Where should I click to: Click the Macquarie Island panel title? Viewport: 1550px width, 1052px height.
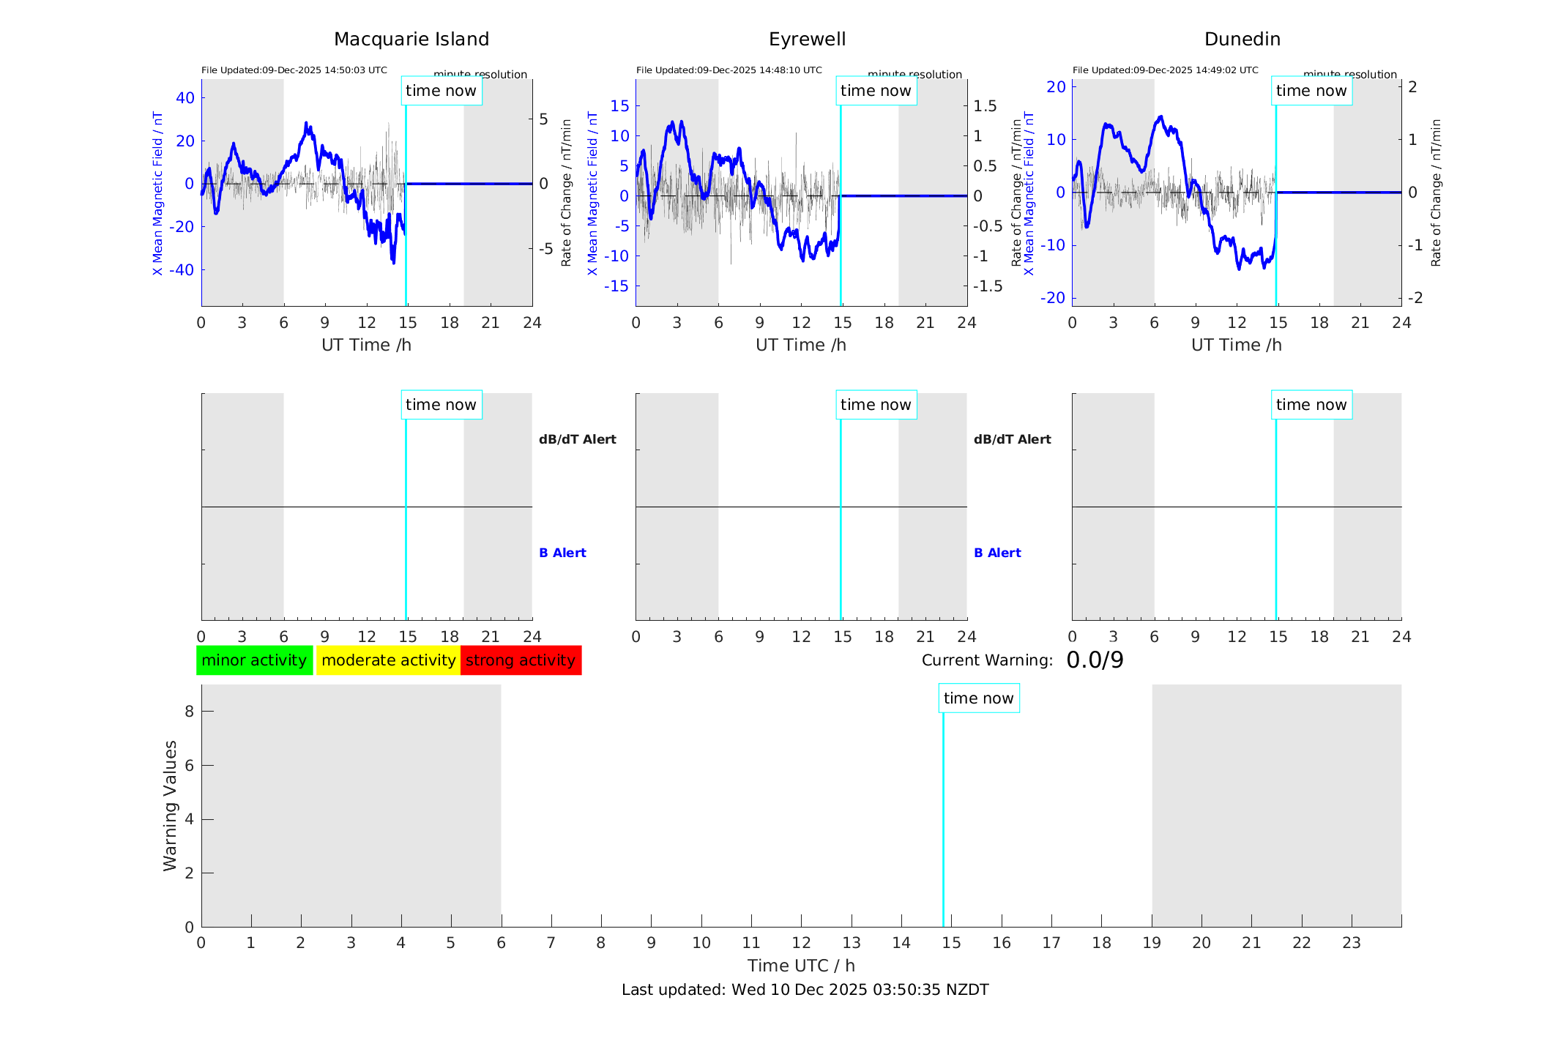click(x=411, y=40)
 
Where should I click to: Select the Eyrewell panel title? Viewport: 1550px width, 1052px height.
click(x=807, y=40)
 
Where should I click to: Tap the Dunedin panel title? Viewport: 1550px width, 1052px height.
click(x=1242, y=40)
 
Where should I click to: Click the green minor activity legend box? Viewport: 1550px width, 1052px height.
click(x=254, y=660)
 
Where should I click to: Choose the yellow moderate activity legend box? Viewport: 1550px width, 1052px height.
click(x=388, y=660)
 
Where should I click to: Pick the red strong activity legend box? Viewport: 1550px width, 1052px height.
click(x=521, y=660)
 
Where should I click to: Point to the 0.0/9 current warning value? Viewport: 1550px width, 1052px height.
click(x=1095, y=660)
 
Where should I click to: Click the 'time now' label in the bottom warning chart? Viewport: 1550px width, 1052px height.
click(x=978, y=698)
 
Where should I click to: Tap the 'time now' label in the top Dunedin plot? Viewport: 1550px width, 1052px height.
click(x=1311, y=91)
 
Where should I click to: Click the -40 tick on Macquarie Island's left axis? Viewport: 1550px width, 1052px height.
click(x=182, y=270)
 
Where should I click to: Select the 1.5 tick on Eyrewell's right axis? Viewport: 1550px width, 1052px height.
click(x=985, y=106)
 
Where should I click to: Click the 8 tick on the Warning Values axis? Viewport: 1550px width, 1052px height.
click(x=189, y=712)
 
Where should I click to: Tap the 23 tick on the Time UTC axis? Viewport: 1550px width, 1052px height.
click(x=1351, y=943)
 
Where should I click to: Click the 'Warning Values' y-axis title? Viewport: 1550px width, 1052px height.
click(x=171, y=805)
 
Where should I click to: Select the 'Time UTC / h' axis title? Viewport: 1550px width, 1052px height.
click(x=801, y=966)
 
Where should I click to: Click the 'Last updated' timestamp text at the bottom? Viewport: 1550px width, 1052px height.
click(x=805, y=990)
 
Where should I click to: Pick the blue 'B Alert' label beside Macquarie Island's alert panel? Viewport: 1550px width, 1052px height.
click(x=562, y=553)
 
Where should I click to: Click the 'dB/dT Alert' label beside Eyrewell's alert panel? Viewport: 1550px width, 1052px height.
click(x=1012, y=439)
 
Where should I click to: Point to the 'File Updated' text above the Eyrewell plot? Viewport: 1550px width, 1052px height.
click(x=729, y=70)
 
